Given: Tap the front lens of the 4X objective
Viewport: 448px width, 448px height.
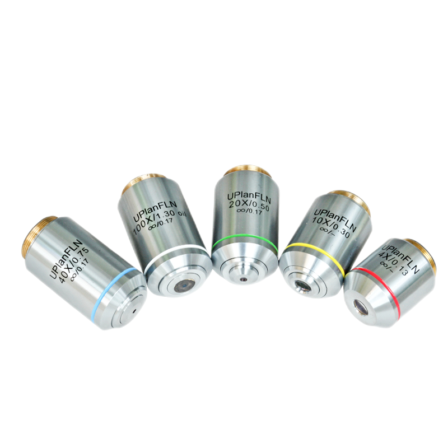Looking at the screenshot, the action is [x=361, y=307].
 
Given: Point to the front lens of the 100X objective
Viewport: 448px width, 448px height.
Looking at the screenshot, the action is [x=181, y=286].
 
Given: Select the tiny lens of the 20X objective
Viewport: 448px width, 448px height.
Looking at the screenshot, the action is [x=243, y=279].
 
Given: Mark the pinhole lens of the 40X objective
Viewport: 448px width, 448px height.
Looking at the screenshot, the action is [x=134, y=310].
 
